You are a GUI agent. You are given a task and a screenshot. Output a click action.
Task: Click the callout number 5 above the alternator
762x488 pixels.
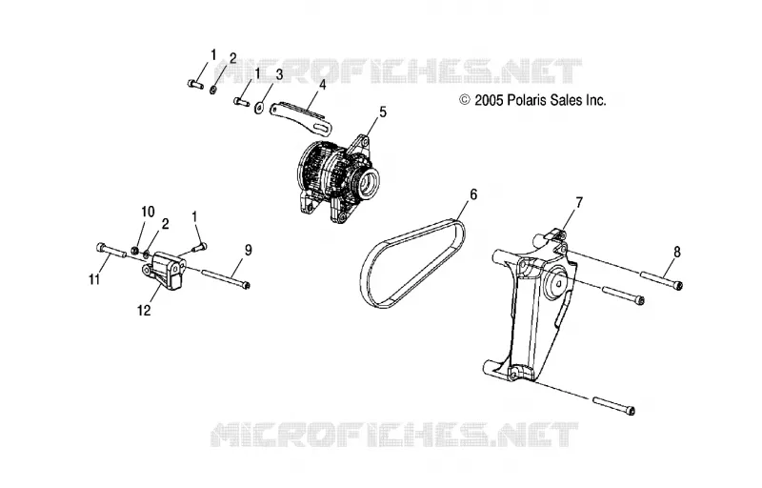383,112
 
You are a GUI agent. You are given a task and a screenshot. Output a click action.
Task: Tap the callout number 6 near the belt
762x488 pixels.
472,194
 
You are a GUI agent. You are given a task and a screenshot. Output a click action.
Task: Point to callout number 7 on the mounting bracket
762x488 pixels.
579,203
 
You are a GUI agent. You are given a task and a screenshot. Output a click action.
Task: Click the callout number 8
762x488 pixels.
677,253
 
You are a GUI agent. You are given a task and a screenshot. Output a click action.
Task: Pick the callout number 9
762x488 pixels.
249,251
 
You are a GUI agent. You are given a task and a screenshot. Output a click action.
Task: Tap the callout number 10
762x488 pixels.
148,212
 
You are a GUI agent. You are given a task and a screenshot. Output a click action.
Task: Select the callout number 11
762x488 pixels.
94,279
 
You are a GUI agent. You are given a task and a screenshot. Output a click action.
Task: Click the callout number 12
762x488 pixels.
145,310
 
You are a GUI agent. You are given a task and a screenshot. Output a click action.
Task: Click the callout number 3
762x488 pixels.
279,74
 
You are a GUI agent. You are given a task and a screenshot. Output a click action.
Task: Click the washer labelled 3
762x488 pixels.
259,107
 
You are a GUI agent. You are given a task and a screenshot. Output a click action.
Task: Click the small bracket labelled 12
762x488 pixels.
164,272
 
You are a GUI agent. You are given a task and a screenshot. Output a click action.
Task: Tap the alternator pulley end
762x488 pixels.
371,181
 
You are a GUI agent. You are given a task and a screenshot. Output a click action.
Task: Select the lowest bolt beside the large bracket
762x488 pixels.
614,405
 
